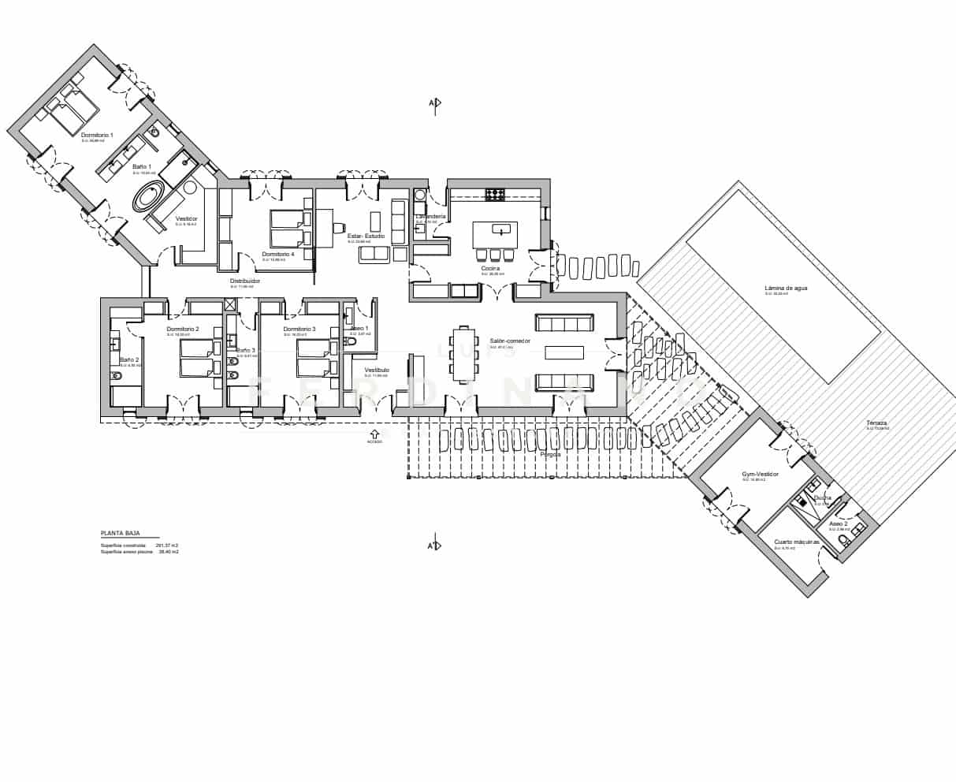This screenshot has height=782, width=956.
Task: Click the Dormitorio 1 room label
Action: [97, 136]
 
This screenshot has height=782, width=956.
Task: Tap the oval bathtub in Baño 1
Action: [148, 196]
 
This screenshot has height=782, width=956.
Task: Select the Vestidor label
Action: [187, 218]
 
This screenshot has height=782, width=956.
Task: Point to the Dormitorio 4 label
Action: [278, 255]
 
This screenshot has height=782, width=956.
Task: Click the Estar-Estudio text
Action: [366, 236]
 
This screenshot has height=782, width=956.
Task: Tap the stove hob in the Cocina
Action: [494, 193]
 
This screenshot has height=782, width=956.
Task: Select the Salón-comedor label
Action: [510, 341]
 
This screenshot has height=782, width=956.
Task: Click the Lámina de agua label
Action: [786, 288]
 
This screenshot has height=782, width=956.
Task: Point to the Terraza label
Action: [876, 423]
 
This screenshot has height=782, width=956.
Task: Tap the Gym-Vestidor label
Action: [760, 474]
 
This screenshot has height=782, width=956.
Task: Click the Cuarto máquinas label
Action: [797, 542]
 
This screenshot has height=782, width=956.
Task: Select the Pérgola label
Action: [550, 455]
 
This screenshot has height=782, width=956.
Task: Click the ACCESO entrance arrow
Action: [374, 433]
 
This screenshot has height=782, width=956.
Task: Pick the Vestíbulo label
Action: [377, 369]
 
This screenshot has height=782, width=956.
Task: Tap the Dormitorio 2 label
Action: [183, 329]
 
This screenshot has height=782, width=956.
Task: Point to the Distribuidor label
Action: [245, 281]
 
